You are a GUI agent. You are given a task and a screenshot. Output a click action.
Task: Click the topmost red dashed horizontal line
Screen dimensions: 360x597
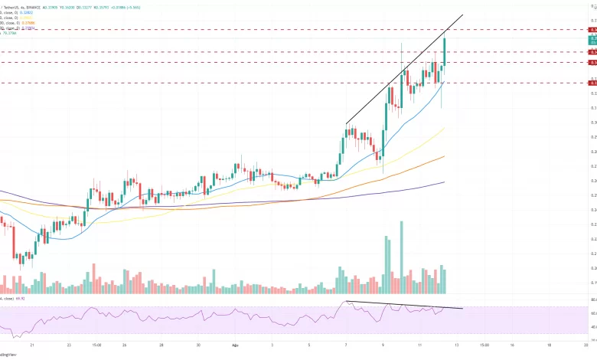(x=306, y=29)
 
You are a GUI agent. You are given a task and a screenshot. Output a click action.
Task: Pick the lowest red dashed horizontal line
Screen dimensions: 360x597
(x=306, y=83)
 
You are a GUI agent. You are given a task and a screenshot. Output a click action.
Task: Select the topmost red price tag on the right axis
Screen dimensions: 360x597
(x=592, y=29)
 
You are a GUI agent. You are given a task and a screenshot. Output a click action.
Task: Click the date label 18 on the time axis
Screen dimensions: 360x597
(x=548, y=345)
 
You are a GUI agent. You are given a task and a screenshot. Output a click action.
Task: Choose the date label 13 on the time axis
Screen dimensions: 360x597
(x=457, y=345)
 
